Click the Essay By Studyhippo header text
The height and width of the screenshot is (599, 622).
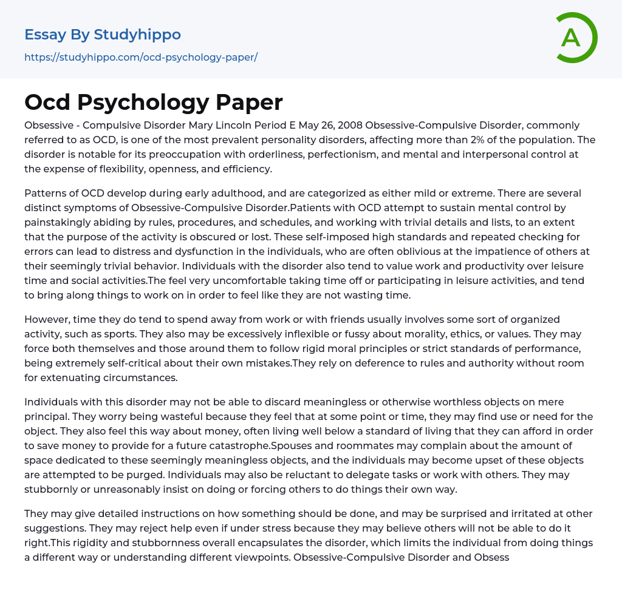pyautogui.click(x=103, y=35)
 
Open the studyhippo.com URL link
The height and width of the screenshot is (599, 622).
pyautogui.click(x=141, y=57)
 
